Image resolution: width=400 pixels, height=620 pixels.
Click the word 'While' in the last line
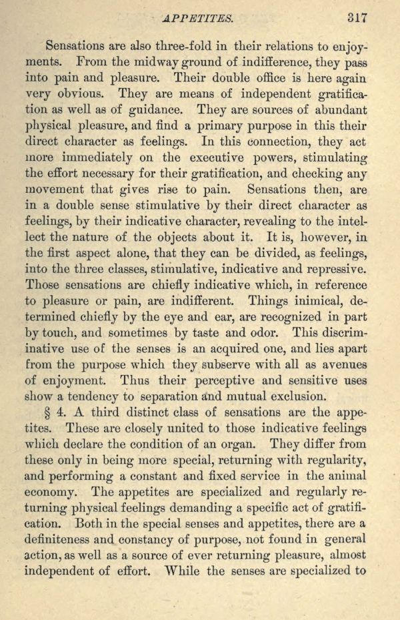click(187, 572)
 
